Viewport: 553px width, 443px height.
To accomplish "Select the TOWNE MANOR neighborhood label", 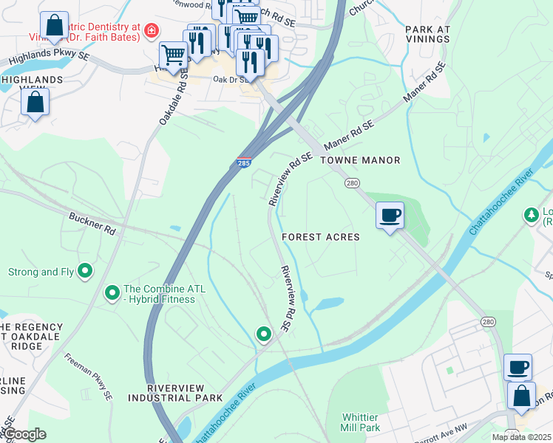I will pyautogui.click(x=361, y=160).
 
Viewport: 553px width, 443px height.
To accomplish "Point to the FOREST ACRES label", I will pyautogui.click(x=320, y=237).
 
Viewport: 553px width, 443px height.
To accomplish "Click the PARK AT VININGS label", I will pyautogui.click(x=428, y=35).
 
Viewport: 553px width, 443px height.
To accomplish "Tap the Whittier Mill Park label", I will pyautogui.click(x=360, y=422).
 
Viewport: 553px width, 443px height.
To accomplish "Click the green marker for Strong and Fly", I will pyautogui.click(x=85, y=272).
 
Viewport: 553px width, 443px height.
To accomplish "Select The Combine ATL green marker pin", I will pyautogui.click(x=112, y=293).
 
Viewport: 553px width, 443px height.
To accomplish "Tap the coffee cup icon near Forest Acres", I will pyautogui.click(x=390, y=216).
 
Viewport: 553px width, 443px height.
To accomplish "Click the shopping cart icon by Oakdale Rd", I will pyautogui.click(x=173, y=55).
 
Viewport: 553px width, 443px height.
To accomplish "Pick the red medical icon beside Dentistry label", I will pyautogui.click(x=151, y=30).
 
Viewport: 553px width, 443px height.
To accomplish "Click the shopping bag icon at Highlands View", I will pyautogui.click(x=35, y=102).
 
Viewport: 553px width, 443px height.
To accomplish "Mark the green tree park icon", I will pyautogui.click(x=530, y=215).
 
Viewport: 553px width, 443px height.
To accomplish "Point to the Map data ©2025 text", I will pyautogui.click(x=522, y=437).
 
